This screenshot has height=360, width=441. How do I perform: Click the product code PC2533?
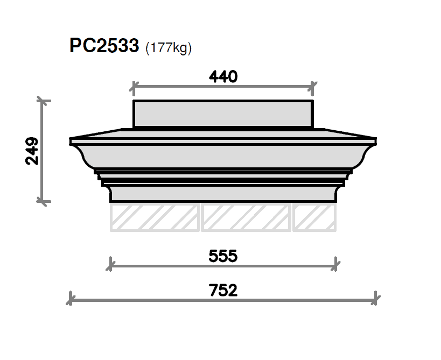(104, 46)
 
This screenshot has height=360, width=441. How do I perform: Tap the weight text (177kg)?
(169, 48)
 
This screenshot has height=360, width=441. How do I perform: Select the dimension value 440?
(223, 77)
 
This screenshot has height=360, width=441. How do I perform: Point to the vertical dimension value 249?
(32, 151)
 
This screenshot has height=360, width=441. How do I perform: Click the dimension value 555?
(223, 256)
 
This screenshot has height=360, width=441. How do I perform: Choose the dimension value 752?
(223, 291)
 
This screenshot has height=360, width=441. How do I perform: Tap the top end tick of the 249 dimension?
(43, 100)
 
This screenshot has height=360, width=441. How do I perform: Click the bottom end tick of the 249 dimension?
(43, 201)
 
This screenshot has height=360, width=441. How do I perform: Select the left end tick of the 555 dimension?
(110, 265)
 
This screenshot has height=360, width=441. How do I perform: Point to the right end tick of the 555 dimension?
(336, 265)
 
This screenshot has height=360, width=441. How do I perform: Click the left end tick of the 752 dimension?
(71, 299)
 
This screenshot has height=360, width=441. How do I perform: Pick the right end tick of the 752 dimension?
(376, 299)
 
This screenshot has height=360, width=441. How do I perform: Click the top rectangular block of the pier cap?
(223, 114)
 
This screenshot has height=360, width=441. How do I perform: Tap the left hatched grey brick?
(155, 217)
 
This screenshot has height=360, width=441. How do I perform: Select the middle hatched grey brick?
(246, 217)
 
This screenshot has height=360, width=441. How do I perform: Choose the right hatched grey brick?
(314, 217)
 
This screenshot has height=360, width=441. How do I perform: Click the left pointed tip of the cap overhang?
(71, 142)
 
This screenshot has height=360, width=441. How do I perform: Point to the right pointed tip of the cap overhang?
(375, 142)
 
